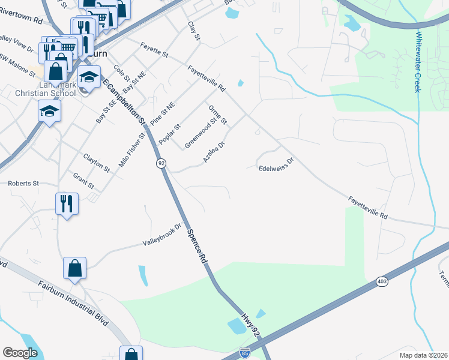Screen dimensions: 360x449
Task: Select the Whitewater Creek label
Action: pos(417,62)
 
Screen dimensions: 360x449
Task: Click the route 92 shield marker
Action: pos(161,163)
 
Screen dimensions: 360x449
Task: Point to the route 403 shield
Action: pos(382,281)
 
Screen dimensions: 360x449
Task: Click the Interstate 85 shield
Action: pos(245,353)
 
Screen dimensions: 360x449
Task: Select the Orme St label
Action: pos(217,115)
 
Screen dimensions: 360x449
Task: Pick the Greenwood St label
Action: pos(200,133)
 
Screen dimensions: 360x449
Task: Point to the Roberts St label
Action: pos(23,183)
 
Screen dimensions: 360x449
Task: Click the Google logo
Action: pos(20,353)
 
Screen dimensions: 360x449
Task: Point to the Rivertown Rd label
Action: pos(23,20)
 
